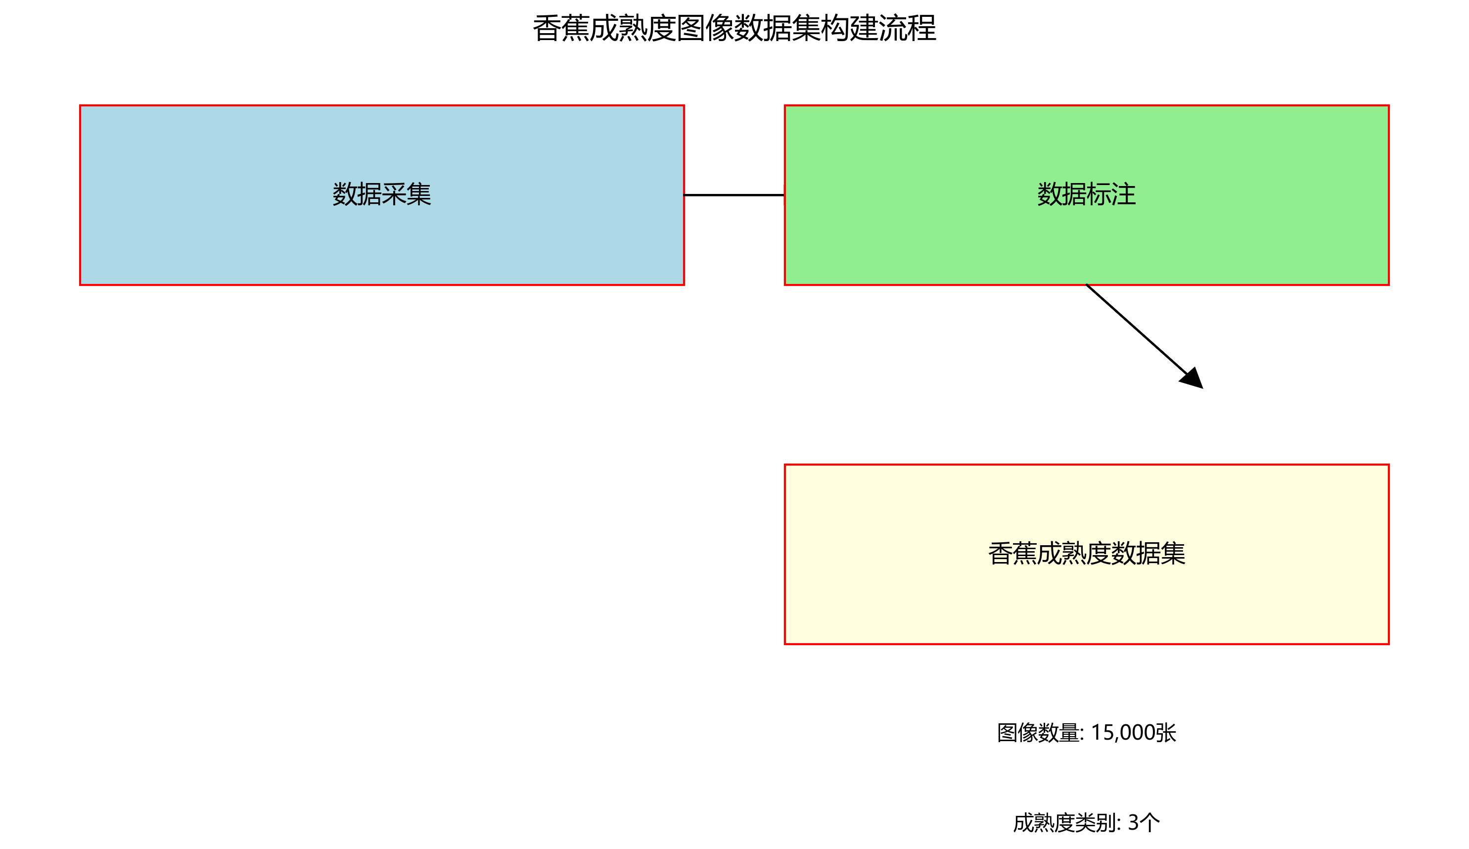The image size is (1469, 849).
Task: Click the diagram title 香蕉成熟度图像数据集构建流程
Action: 734,29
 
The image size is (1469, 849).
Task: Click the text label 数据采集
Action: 382,194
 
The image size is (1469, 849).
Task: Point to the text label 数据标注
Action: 1086,194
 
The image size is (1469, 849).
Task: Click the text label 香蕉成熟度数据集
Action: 1086,553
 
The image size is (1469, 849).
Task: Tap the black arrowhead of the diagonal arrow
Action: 1193,378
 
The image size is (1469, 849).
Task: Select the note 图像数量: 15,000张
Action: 1086,733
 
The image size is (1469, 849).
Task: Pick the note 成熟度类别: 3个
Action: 1086,823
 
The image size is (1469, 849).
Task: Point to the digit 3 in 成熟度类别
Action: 1133,823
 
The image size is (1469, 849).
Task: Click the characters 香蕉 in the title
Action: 561,29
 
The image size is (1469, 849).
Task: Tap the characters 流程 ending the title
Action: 907,29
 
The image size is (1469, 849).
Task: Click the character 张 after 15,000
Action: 1166,733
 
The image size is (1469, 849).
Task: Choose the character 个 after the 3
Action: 1150,823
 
